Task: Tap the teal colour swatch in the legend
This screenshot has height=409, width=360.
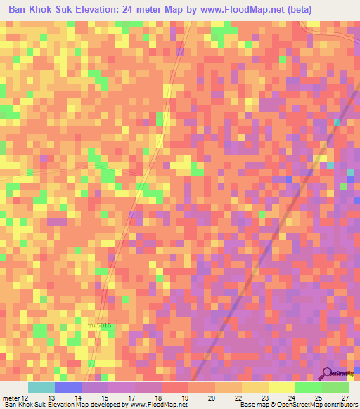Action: [x=41, y=387]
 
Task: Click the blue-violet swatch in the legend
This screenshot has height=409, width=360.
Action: [x=68, y=387]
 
